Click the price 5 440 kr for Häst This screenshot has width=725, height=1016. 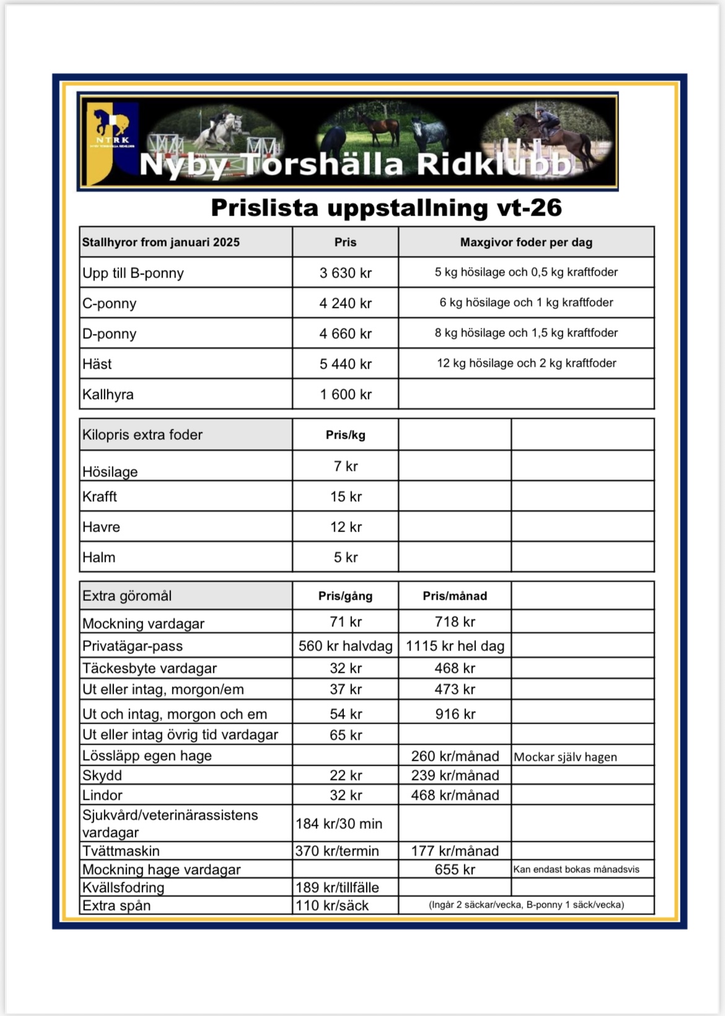pyautogui.click(x=345, y=364)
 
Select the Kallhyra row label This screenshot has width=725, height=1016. pyautogui.click(x=108, y=395)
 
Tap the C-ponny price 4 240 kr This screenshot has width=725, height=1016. pyautogui.click(x=345, y=304)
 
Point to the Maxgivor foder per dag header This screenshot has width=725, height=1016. pyautogui.click(x=526, y=242)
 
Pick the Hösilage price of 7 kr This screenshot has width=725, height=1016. pyautogui.click(x=345, y=466)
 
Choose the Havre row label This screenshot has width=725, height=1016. pyautogui.click(x=101, y=527)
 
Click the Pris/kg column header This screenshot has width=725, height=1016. pyautogui.click(x=345, y=436)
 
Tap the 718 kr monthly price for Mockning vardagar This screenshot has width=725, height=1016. pyautogui.click(x=455, y=622)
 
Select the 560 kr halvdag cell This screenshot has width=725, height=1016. pyautogui.click(x=345, y=646)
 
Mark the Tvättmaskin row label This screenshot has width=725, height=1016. pyautogui.click(x=121, y=851)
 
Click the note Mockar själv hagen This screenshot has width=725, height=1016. pyautogui.click(x=565, y=757)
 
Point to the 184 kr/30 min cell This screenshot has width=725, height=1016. pyautogui.click(x=338, y=824)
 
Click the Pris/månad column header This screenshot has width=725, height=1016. pyautogui.click(x=455, y=596)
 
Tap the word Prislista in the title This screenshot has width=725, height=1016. pyautogui.click(x=265, y=208)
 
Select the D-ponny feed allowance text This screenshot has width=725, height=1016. pyautogui.click(x=526, y=333)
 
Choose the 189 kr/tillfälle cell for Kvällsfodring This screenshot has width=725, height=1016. pyautogui.click(x=336, y=888)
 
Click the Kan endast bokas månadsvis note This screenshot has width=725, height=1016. pyautogui.click(x=576, y=870)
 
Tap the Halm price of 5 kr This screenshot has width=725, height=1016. pyautogui.click(x=345, y=558)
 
